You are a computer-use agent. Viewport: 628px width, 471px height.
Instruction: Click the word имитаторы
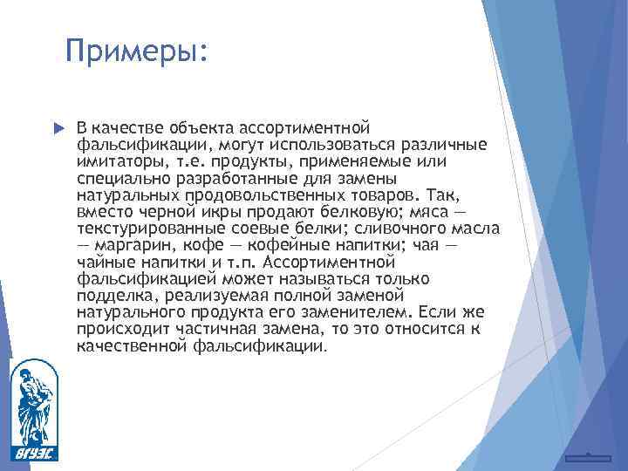click(x=116, y=162)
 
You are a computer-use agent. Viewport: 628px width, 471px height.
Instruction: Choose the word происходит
click(x=116, y=329)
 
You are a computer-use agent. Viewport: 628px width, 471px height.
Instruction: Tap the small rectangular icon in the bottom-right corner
click(x=588, y=457)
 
